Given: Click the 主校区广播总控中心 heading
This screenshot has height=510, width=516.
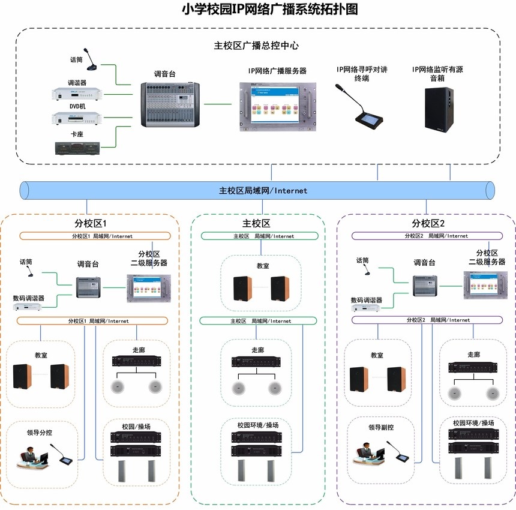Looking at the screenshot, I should pyautogui.click(x=256, y=45).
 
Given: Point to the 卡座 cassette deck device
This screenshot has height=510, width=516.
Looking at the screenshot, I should pyautogui.click(x=77, y=148).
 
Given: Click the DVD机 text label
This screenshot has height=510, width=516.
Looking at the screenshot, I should pyautogui.click(x=77, y=106).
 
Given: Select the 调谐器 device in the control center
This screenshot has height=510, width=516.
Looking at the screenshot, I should pyautogui.click(x=77, y=95).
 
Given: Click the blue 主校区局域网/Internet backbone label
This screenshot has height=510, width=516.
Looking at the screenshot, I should pyautogui.click(x=263, y=191).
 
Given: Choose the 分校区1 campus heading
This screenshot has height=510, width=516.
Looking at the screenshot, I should pyautogui.click(x=90, y=224).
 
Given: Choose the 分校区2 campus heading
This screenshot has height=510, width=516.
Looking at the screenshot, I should pyautogui.click(x=428, y=224).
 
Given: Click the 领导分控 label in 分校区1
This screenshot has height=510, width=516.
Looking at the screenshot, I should pyautogui.click(x=41, y=431).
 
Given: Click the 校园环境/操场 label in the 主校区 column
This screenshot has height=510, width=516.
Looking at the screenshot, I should pyautogui.click(x=257, y=425).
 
